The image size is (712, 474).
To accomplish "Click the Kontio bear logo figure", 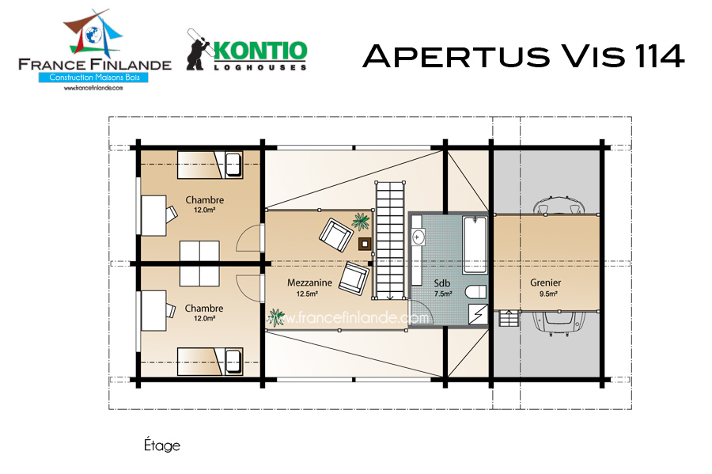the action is (198, 50).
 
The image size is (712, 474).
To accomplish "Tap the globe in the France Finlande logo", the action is (93, 36).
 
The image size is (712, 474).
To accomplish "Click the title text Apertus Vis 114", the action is (523, 56).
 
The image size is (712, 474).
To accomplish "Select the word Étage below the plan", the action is (162, 445).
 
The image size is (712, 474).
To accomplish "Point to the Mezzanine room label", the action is (309, 283).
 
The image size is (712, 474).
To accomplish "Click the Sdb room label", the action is (441, 283).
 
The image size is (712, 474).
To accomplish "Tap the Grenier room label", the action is (546, 283).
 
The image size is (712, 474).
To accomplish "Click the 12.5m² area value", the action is (307, 294).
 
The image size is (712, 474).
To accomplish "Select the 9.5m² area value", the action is (548, 294).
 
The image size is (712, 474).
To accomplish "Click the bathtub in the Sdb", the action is (475, 245).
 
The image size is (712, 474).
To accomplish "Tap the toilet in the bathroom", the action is (476, 291).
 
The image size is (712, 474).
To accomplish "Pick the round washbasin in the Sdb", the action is (417, 237).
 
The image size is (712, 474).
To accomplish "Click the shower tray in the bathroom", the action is (478, 314).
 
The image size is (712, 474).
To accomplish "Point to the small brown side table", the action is (365, 245).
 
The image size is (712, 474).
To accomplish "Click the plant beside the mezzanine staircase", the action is (361, 222).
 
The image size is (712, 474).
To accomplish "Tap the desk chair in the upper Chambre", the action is (171, 214).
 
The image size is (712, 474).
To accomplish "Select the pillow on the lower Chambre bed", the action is (233, 362).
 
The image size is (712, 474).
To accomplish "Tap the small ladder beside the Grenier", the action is (509, 318).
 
